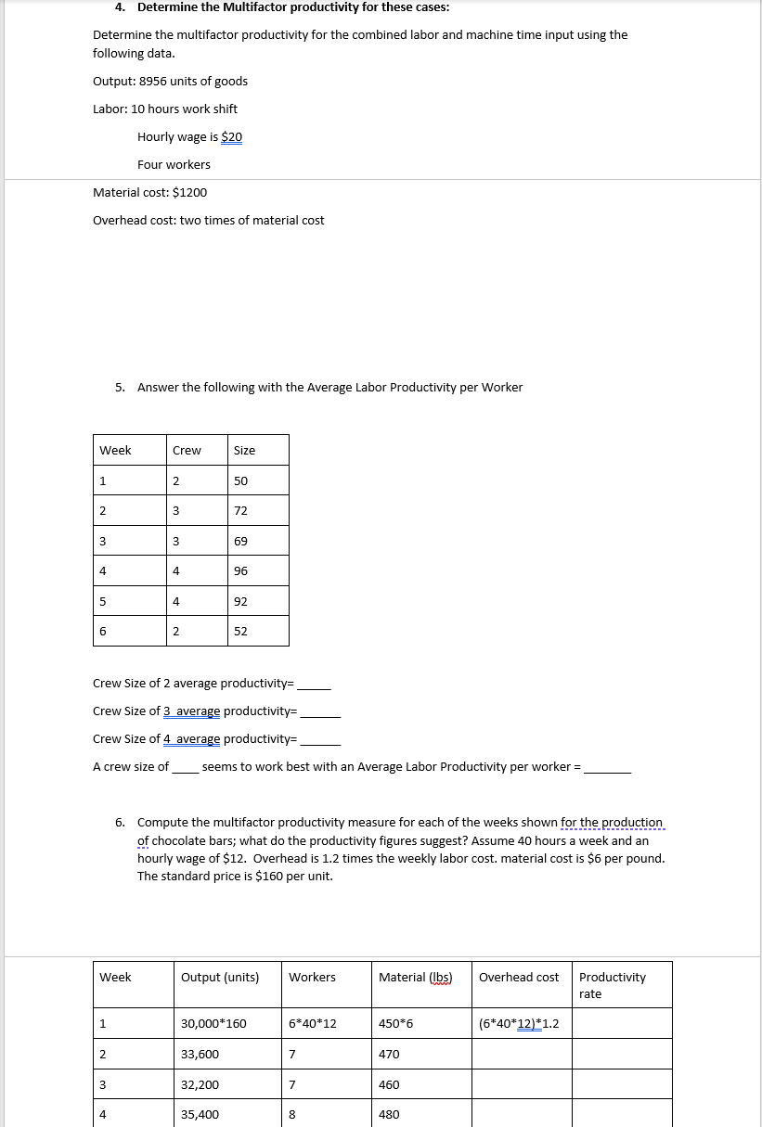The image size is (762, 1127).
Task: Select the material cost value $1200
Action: (190, 192)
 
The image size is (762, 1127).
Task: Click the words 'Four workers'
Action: (174, 164)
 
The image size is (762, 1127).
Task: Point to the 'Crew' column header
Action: (187, 450)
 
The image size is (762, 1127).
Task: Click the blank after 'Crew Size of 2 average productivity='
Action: (313, 685)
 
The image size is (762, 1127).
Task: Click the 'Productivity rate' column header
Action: (613, 985)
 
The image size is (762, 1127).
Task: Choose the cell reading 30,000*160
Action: (213, 1024)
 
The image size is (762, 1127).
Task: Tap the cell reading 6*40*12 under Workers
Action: (313, 1024)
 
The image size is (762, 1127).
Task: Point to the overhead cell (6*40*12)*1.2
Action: (519, 1024)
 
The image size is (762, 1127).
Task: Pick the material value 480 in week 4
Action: (389, 1115)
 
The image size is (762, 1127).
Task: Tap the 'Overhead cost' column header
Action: (519, 977)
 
